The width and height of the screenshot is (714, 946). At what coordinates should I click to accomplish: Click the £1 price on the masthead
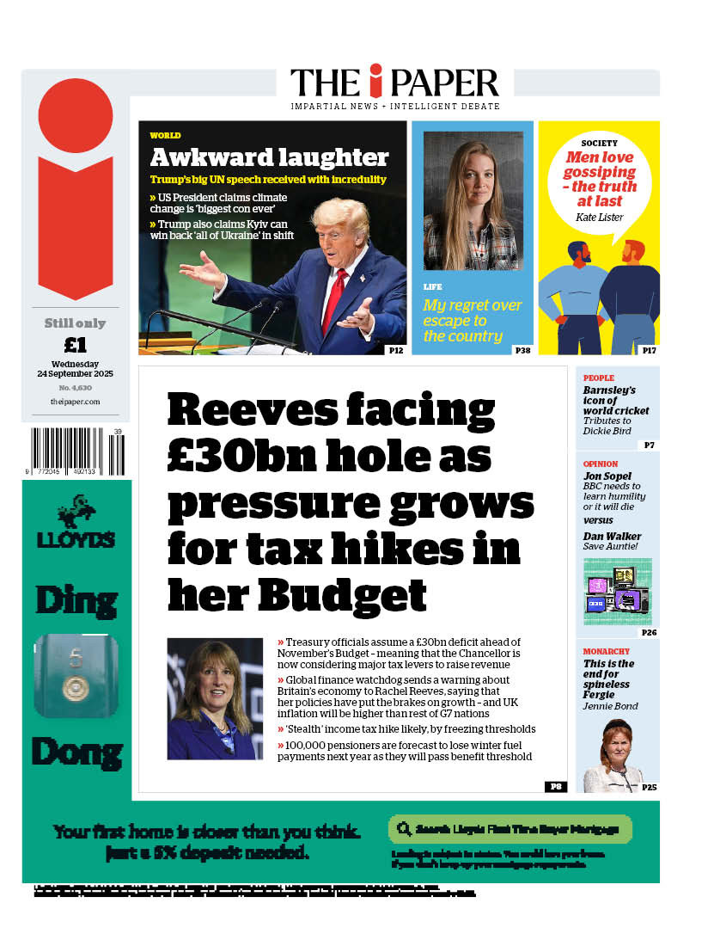pos(76,345)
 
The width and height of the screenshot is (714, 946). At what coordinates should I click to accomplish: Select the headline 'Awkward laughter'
pos(269,157)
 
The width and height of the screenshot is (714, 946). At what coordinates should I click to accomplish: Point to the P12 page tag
pos(395,349)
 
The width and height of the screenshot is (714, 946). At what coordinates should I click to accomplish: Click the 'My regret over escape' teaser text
pos(472,320)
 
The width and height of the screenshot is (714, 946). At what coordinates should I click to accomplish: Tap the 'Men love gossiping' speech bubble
pos(601,179)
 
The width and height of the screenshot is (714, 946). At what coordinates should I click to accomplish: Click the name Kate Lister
pos(599,218)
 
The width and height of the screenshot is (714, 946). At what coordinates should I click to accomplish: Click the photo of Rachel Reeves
pos(215,698)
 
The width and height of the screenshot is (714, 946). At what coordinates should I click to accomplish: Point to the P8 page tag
pos(555,786)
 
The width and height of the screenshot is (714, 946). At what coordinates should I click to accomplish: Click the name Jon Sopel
pos(607,476)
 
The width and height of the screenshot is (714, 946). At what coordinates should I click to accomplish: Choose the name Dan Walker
pos(612,537)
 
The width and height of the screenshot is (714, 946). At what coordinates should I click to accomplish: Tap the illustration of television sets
pos(617,591)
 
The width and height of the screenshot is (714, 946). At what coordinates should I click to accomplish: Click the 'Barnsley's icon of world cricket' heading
pos(615,400)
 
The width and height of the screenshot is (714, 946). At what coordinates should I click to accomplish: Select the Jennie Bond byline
pos(610,707)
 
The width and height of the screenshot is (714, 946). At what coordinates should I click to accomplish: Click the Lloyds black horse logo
pos(76,511)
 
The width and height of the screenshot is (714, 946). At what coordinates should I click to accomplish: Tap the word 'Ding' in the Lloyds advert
pos(76,599)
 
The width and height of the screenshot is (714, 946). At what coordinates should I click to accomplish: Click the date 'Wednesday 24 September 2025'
pos(76,369)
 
